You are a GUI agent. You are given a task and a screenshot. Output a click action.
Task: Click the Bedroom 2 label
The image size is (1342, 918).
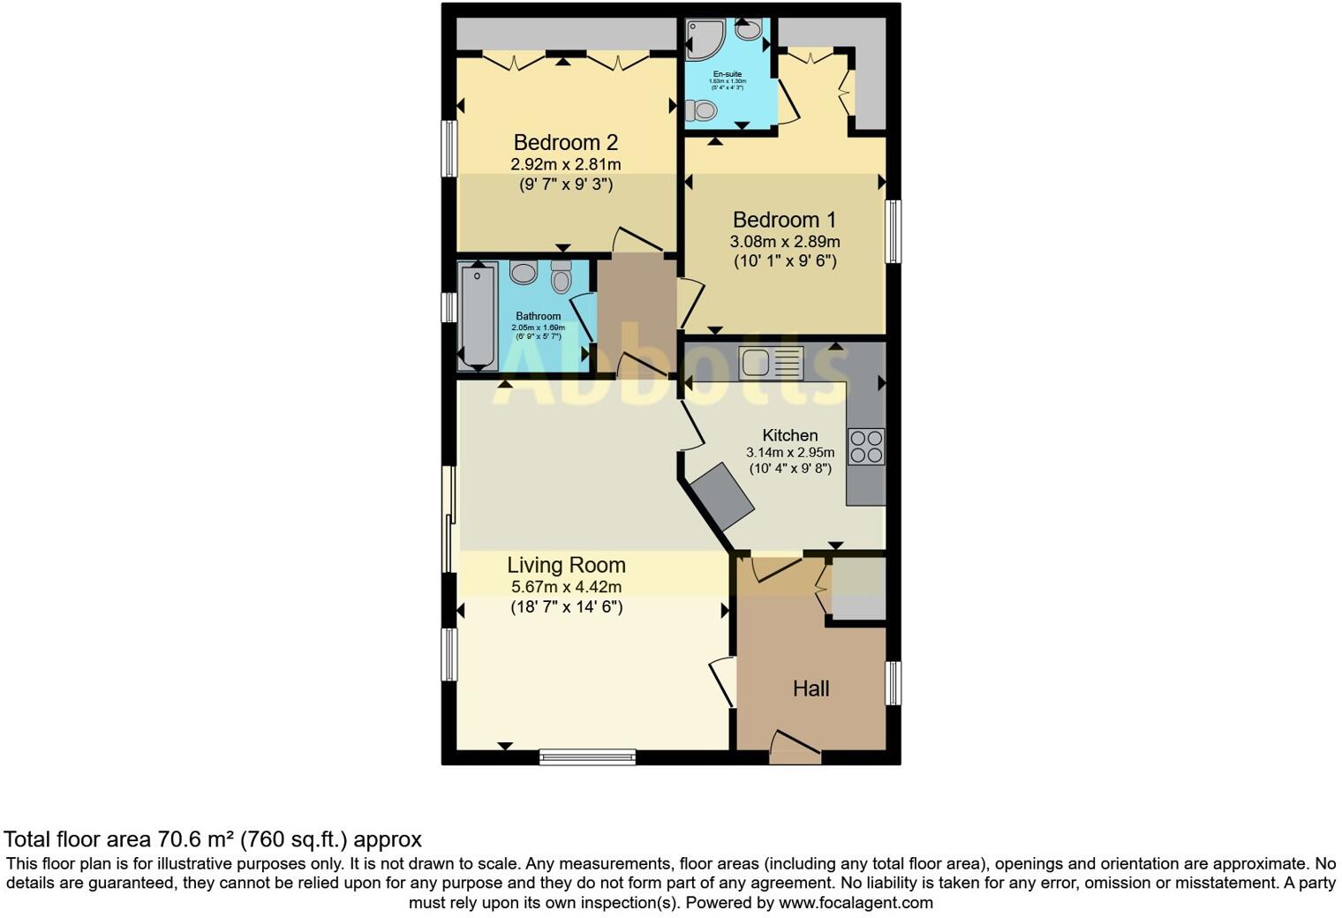tap(565, 142)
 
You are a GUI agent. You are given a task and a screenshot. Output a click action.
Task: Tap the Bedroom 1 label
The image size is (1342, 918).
tap(784, 220)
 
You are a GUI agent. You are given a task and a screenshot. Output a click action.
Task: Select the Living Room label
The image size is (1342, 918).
tap(566, 565)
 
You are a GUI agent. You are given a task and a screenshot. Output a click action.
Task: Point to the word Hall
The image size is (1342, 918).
tap(810, 688)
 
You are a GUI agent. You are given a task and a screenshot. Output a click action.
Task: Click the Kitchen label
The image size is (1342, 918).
tap(789, 435)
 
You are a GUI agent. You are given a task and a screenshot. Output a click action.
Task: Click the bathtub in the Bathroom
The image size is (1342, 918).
tap(478, 316)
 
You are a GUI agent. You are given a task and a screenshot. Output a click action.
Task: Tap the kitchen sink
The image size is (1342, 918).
tap(771, 363)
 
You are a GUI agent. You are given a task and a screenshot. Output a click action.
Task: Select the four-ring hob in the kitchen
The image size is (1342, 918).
tap(865, 446)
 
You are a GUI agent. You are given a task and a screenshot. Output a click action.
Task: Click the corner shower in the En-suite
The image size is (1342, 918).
tap(705, 39)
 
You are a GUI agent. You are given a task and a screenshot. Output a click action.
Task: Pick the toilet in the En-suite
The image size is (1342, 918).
tap(701, 110)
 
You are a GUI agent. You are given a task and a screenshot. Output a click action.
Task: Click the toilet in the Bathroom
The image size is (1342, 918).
tap(561, 277)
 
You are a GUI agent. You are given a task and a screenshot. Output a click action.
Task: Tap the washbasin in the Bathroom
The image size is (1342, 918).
tap(524, 272)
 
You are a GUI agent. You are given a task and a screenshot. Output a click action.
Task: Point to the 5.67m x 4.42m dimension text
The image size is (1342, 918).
tap(566, 587)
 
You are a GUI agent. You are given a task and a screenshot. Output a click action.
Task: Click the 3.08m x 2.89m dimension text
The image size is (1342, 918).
tap(784, 241)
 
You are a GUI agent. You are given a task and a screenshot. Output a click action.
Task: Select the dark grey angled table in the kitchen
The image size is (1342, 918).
tap(722, 497)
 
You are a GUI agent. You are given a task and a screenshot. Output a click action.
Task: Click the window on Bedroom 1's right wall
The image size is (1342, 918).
tap(893, 231)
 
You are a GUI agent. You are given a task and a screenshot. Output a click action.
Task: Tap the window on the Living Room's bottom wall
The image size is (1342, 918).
tap(587, 756)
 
